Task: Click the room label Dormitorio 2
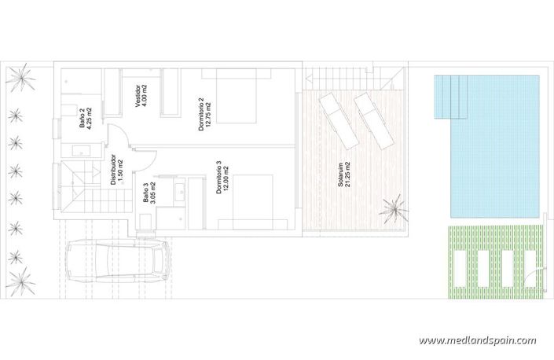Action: coord(205,115)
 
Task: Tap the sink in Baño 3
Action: coord(178,189)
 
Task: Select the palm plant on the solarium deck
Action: coord(391,209)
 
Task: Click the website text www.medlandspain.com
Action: coord(477,341)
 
